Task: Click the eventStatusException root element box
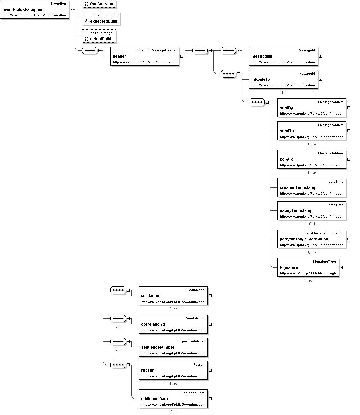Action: coord(35,10)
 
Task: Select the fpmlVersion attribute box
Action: coord(99,4)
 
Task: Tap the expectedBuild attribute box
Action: coord(101,19)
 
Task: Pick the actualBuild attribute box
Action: coord(99,36)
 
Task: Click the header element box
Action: coord(145,56)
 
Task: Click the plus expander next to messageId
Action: coord(321,56)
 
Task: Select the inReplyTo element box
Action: coord(283,79)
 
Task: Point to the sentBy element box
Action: coord(312,108)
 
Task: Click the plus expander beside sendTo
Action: coord(349,131)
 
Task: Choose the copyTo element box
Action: coord(312,159)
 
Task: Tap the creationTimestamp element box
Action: coord(312,187)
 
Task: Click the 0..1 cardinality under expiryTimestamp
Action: coord(312,224)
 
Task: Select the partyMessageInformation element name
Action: coord(304,239)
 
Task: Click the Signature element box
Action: coord(308,268)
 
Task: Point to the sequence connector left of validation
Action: coord(118,290)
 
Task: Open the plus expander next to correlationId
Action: coord(210,324)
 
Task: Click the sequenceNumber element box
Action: coord(173,347)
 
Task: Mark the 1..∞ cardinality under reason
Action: coord(173,384)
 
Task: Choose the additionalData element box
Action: coord(173,399)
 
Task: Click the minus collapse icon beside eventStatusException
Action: coord(71,10)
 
